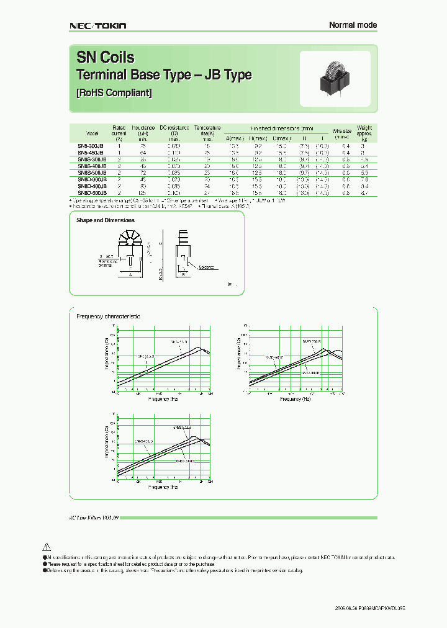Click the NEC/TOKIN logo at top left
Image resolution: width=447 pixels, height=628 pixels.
(97, 25)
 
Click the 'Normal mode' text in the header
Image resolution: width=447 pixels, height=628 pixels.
(352, 25)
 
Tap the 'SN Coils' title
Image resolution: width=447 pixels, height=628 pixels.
(105, 58)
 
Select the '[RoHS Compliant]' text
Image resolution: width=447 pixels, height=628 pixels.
(114, 92)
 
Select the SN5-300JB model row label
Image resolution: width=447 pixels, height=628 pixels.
(91, 146)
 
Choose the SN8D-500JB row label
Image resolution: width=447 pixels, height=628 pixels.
(91, 193)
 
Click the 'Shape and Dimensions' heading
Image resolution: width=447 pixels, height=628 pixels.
(106, 220)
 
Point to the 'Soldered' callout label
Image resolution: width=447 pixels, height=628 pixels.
(207, 267)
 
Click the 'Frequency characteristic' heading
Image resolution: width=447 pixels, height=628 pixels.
(108, 316)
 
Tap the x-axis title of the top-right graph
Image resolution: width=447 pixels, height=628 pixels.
(295, 399)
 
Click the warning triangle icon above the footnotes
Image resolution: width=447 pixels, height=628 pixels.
(46, 547)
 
